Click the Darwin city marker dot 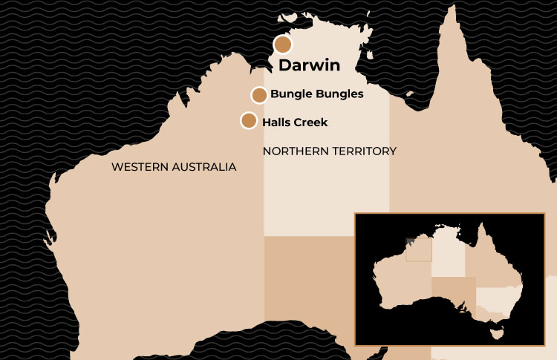(x=283, y=45)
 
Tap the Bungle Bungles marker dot (x=259, y=95)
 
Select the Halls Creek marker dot (x=249, y=120)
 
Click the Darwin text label (x=309, y=65)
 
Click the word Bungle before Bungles (x=290, y=94)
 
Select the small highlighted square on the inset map (x=418, y=249)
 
